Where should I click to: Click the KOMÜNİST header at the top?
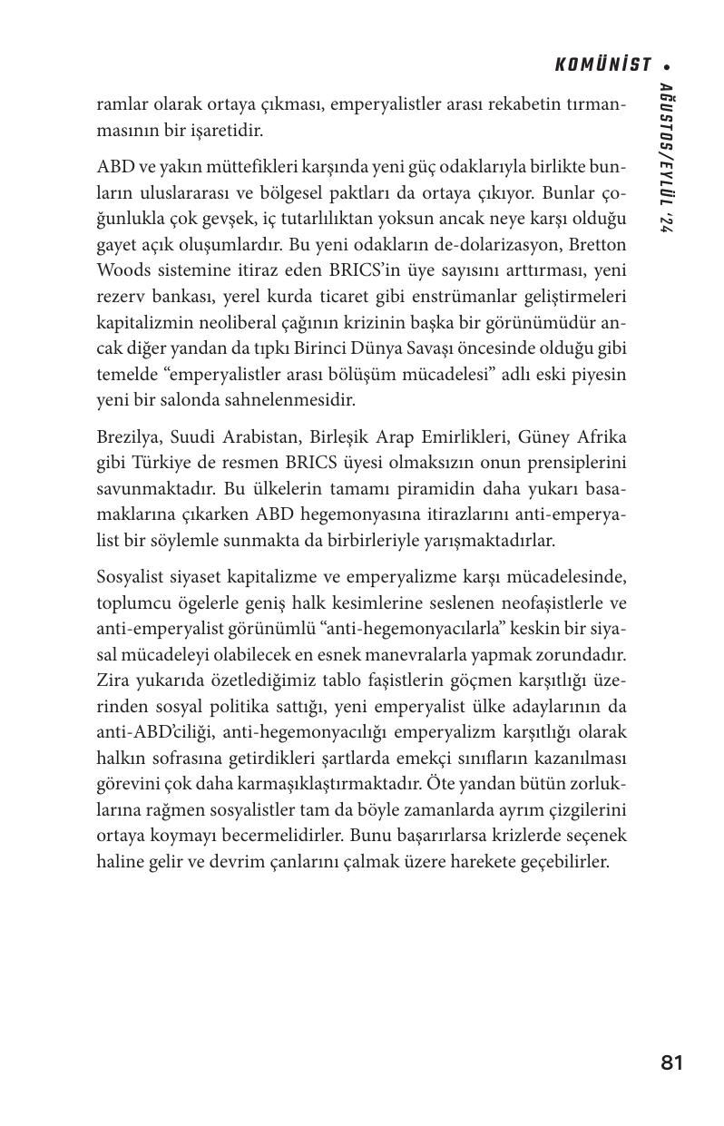(602, 65)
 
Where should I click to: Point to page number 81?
(671, 1063)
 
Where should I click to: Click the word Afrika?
(598, 437)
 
